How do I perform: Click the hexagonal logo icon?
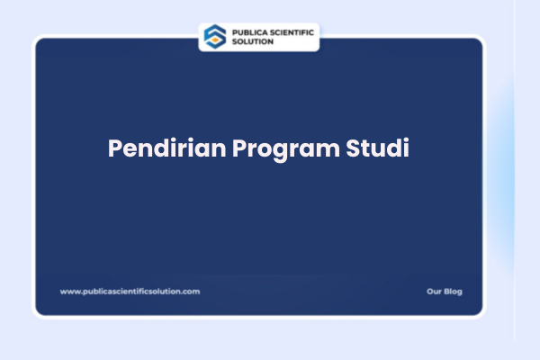tap(214, 36)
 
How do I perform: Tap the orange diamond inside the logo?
tap(214, 40)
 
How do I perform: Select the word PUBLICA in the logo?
tap(247, 31)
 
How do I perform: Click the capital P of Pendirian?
tap(115, 148)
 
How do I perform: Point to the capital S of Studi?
tap(354, 148)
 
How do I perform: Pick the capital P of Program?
tap(238, 148)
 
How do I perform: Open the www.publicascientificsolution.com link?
tap(130, 292)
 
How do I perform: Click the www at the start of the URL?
tap(69, 292)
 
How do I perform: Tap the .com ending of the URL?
tap(191, 292)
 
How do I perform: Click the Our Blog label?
tap(444, 292)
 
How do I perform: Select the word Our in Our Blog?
tap(433, 292)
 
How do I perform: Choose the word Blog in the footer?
tap(453, 292)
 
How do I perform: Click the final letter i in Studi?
tap(406, 148)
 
